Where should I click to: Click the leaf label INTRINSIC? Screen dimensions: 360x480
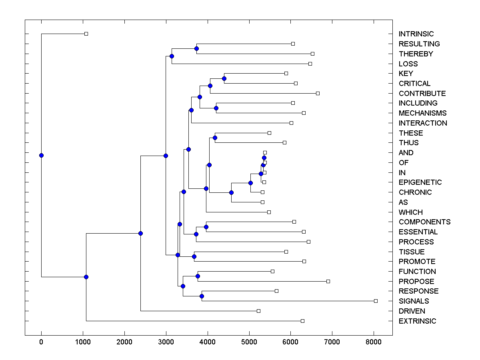(x=416, y=34)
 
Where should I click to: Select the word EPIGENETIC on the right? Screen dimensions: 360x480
(x=420, y=182)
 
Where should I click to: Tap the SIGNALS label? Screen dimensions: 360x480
(x=414, y=301)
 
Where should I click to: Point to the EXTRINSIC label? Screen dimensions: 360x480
(x=417, y=321)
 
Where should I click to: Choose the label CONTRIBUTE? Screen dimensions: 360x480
(x=422, y=94)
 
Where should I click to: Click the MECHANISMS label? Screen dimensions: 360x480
(x=422, y=113)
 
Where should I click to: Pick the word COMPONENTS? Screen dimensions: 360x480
(x=424, y=222)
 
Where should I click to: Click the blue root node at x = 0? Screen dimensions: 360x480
(x=41, y=155)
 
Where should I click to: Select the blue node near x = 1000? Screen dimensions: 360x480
(x=86, y=277)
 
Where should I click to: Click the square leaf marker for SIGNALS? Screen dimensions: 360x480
(x=376, y=301)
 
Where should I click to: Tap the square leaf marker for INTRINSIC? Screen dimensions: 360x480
(x=86, y=34)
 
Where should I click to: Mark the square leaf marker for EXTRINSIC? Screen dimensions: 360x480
(x=302, y=321)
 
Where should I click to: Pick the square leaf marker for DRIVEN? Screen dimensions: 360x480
(x=258, y=311)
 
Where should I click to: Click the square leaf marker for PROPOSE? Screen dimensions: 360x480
(x=328, y=281)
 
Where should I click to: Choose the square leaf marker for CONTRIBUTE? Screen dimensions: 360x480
(x=318, y=93)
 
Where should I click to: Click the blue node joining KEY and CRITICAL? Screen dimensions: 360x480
(x=224, y=78)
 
